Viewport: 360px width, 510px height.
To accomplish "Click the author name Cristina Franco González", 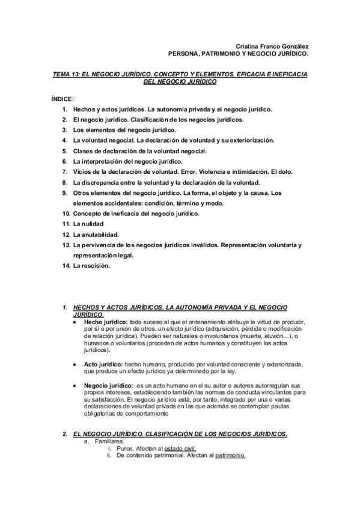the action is tap(271, 46).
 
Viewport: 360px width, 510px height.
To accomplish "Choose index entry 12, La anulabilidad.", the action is tap(96, 235).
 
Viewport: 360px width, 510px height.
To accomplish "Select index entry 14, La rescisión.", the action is tap(91, 266).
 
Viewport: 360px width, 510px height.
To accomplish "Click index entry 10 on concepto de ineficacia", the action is tap(144, 214).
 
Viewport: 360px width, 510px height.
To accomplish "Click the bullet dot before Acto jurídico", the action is tap(74, 365).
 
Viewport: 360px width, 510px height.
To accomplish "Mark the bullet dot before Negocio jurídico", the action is tap(74, 386).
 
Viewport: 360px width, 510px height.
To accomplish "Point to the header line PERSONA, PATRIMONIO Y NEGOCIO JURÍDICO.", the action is tap(239, 54).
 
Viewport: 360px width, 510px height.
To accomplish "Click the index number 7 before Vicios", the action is tap(64, 171).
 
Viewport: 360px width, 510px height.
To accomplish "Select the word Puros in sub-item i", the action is tap(126, 449).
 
